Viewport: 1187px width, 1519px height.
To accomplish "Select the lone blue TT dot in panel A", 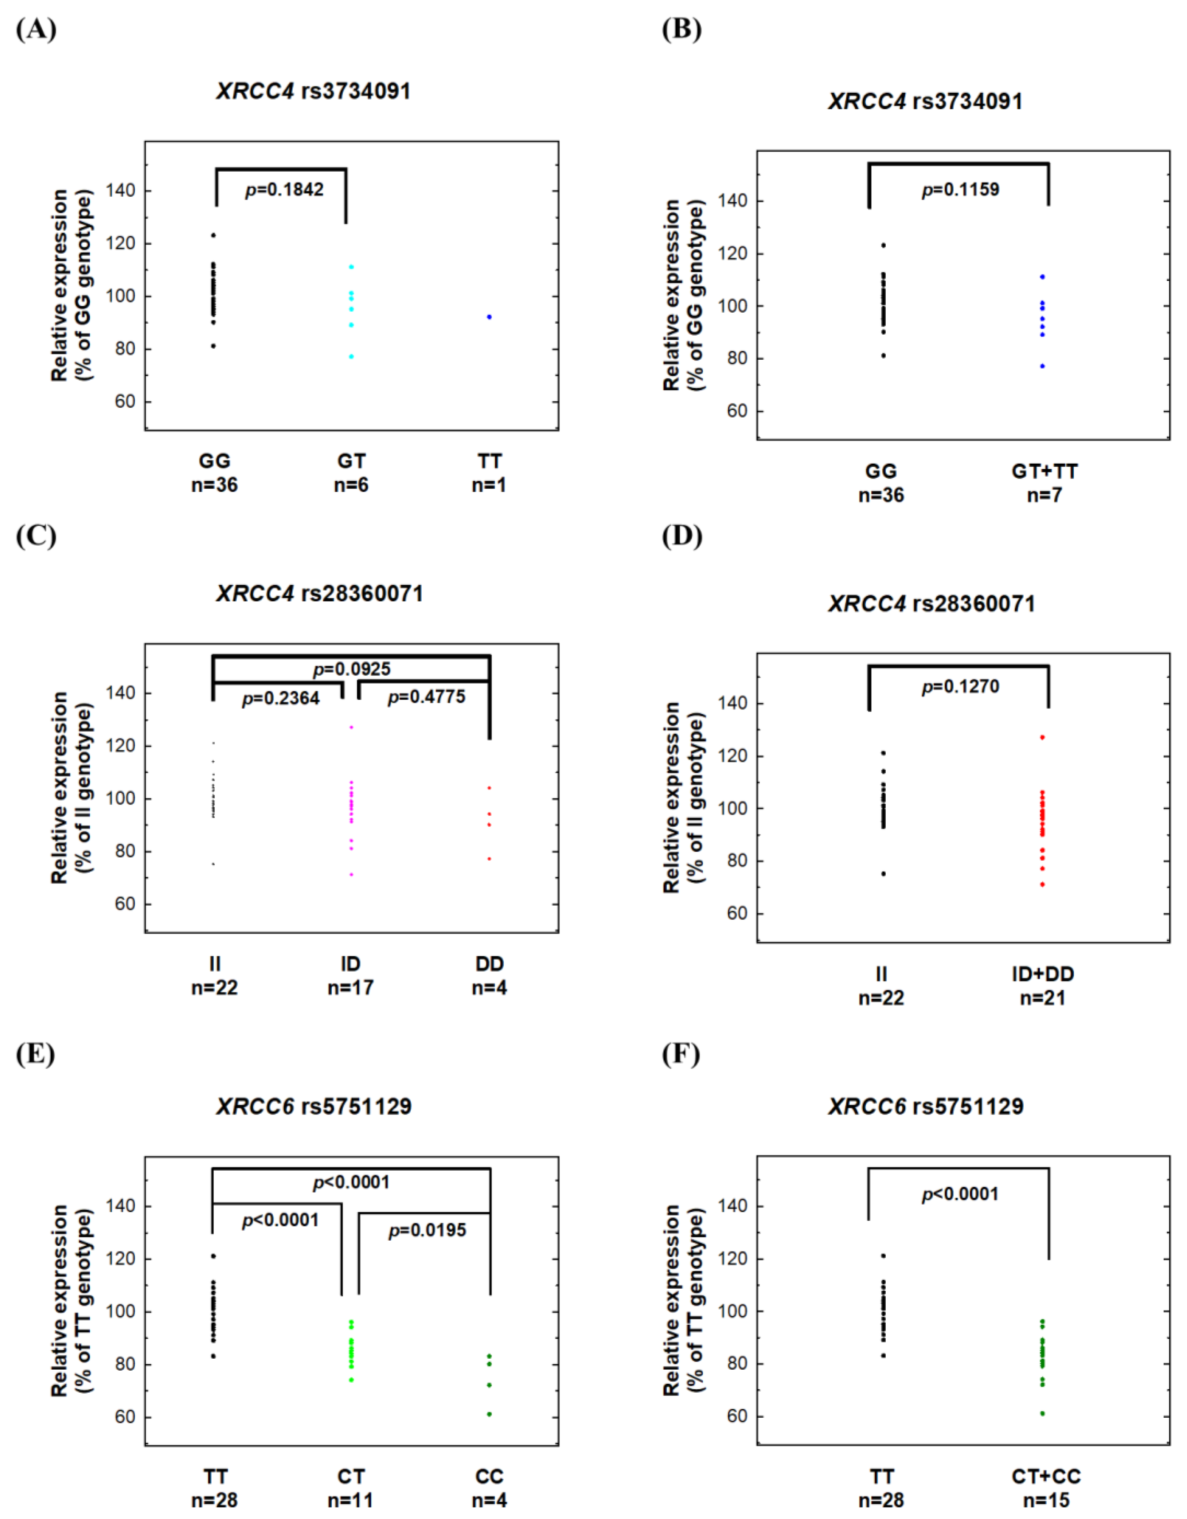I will click(x=489, y=317).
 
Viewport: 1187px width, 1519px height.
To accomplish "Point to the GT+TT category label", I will click(x=1045, y=472).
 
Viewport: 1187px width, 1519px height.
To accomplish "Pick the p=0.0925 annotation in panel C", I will click(x=352, y=669).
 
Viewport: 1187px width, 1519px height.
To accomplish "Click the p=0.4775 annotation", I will click(x=426, y=697).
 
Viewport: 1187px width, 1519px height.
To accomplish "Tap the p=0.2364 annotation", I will click(x=281, y=698).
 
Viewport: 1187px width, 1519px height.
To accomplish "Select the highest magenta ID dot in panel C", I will click(x=352, y=727).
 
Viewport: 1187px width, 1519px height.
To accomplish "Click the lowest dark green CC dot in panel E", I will click(x=489, y=1414).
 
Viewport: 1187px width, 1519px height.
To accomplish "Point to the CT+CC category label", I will click(x=1046, y=1477).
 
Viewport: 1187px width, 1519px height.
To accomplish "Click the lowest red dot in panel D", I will click(x=1042, y=885).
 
